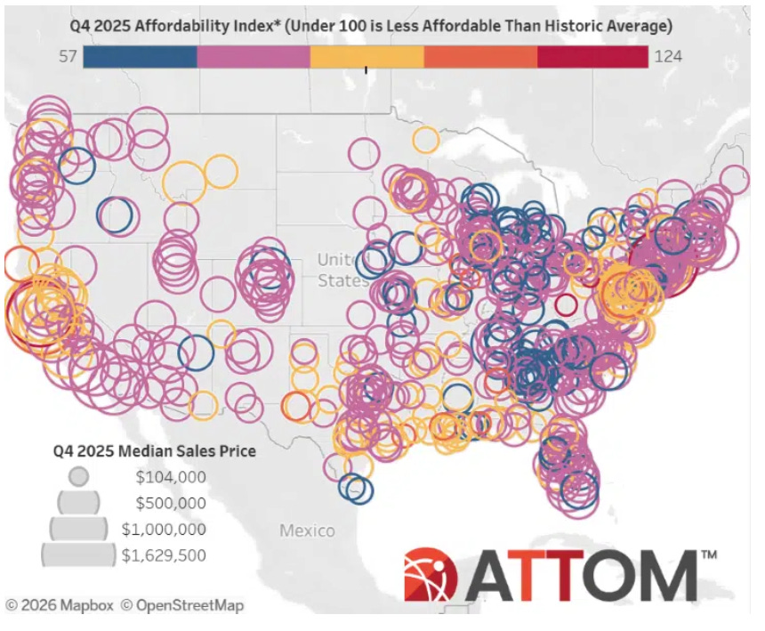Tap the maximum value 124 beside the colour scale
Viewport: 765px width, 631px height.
click(667, 57)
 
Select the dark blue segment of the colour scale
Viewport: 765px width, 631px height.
click(141, 57)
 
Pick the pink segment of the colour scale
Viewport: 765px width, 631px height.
click(254, 57)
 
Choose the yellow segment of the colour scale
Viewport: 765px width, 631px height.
click(366, 57)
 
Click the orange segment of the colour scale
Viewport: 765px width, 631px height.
click(480, 57)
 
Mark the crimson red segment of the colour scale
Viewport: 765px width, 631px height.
click(592, 57)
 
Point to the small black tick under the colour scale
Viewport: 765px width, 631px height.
click(366, 71)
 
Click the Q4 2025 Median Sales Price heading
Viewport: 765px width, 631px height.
click(153, 451)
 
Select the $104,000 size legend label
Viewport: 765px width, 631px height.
click(170, 477)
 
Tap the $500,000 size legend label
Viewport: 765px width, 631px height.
click(170, 503)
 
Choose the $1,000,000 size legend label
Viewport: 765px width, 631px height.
click(164, 530)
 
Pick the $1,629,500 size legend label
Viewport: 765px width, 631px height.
click(164, 555)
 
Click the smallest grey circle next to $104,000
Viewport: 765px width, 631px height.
click(79, 476)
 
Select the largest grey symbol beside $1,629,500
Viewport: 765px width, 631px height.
click(79, 555)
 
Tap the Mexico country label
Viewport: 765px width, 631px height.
click(307, 530)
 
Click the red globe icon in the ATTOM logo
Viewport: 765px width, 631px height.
click(431, 574)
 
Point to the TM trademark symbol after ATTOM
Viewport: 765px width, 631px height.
click(709, 554)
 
